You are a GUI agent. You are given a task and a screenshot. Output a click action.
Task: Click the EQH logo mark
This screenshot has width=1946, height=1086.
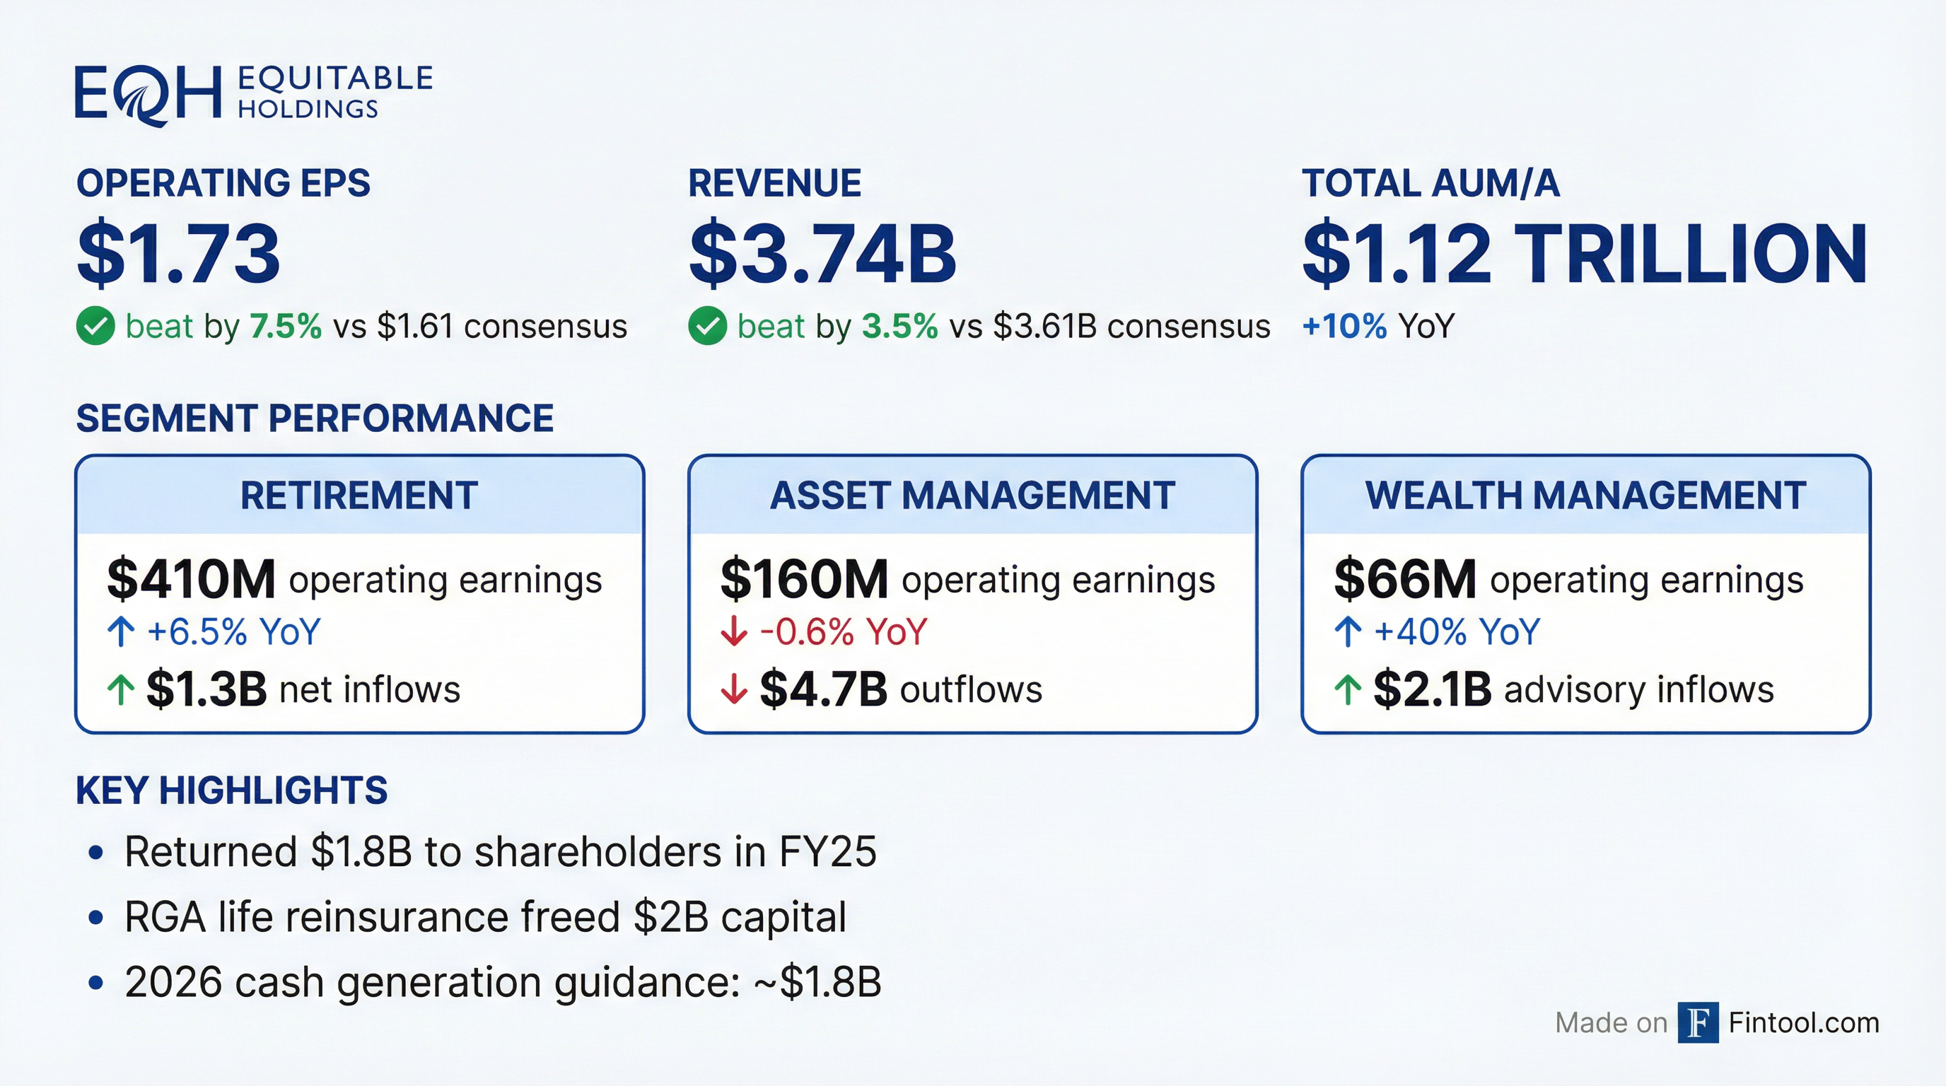click(x=148, y=95)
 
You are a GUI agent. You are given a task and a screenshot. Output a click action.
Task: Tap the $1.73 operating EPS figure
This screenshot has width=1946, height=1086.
click(x=178, y=254)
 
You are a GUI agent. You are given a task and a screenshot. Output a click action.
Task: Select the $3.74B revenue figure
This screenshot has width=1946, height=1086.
click(x=822, y=254)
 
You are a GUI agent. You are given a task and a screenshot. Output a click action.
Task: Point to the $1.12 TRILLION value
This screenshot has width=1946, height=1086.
click(x=1585, y=254)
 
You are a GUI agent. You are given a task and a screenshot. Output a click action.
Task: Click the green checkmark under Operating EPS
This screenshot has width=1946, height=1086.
click(x=95, y=326)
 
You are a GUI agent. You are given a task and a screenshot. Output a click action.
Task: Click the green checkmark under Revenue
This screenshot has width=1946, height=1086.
click(x=707, y=326)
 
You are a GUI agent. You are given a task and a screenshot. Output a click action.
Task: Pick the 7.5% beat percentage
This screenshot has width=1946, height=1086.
click(x=286, y=326)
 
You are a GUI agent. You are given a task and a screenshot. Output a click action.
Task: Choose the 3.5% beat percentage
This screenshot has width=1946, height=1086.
click(x=899, y=326)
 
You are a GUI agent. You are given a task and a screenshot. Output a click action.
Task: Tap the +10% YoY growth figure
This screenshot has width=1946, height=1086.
click(x=1345, y=326)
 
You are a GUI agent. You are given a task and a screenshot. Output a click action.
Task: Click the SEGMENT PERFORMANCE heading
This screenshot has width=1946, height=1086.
click(x=315, y=419)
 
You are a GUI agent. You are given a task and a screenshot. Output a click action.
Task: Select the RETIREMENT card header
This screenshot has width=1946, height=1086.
click(x=359, y=496)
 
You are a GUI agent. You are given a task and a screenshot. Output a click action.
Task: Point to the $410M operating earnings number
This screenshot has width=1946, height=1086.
click(x=191, y=580)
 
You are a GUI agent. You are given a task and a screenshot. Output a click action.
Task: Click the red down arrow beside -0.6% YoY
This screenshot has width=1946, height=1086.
click(x=733, y=631)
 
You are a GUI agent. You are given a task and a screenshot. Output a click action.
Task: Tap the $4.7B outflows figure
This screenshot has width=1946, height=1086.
click(x=822, y=689)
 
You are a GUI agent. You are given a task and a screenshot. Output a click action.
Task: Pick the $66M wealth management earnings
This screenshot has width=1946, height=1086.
click(x=1404, y=580)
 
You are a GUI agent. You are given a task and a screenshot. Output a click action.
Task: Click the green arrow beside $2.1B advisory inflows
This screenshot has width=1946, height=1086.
click(x=1348, y=689)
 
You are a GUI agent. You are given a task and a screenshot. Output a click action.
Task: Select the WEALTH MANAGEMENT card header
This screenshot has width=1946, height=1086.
click(x=1585, y=496)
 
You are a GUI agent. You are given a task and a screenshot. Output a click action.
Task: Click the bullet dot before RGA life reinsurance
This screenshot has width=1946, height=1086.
click(x=95, y=918)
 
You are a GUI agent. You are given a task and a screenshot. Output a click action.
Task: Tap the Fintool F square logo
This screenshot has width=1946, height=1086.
click(x=1698, y=1022)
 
